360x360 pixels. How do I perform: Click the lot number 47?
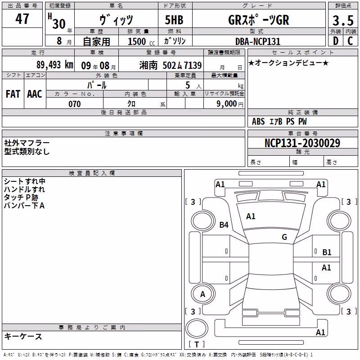coord(22,19)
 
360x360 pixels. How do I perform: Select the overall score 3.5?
coord(343,20)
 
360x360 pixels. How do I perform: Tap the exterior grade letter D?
coord(336,41)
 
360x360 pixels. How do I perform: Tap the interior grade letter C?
coord(350,41)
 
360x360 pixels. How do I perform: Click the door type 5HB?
coord(174,20)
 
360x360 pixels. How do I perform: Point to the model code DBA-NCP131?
coord(258,41)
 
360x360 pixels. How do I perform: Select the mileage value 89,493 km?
coord(54,65)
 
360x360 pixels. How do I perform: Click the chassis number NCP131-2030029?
coord(302,143)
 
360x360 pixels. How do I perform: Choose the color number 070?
coord(75,104)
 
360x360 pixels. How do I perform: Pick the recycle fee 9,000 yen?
coord(230,104)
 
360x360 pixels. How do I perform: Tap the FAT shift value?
coord(13,94)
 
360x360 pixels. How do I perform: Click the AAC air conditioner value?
coord(35,94)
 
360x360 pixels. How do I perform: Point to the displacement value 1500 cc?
coord(141,41)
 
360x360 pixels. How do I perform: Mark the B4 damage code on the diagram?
coord(224,225)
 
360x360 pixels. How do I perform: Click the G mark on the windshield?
coord(284,237)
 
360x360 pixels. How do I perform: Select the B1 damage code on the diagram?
coord(327,252)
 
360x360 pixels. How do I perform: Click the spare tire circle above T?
coord(197,328)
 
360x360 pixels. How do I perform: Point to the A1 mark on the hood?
coord(251,216)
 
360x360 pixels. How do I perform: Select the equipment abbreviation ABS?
coord(258,121)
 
